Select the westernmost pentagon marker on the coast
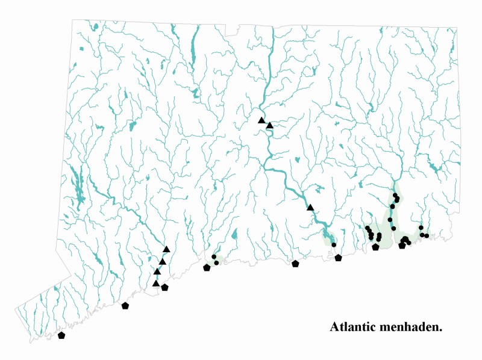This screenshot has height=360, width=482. (x=61, y=335)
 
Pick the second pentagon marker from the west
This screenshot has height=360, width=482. (x=125, y=306)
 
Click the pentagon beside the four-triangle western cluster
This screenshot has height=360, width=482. (x=164, y=288)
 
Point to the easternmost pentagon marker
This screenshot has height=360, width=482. (x=402, y=245)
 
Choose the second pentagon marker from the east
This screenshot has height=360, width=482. (x=375, y=247)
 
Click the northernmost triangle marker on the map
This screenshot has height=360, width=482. (x=261, y=120)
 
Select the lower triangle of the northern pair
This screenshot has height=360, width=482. (x=270, y=125)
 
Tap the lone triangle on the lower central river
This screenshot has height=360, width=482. (x=310, y=208)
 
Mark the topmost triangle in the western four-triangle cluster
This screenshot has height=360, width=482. (x=166, y=249)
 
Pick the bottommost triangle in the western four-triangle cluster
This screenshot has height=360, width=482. (x=156, y=283)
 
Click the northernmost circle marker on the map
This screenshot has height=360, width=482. (x=395, y=195)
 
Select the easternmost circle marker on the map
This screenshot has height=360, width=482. (x=427, y=236)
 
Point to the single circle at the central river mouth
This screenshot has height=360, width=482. (x=333, y=245)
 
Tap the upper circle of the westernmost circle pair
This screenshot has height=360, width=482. (x=214, y=257)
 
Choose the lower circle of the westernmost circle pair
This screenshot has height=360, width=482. (x=216, y=263)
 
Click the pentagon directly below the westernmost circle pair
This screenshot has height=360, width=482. (x=207, y=267)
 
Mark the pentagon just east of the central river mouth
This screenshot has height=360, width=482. (x=338, y=258)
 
